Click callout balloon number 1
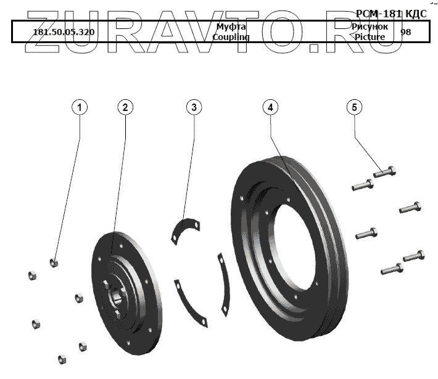pos(80,107)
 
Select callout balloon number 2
pos(125,107)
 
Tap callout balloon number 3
pos(194,107)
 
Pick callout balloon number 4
pos(270,107)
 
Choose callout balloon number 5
pos(354,107)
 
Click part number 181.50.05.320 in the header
pos(64,32)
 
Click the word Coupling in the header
pos(231,37)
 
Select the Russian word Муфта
pos(231,27)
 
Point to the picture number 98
pos(405,32)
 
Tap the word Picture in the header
pos(370,37)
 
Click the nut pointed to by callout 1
pos(55,263)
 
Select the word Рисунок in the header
pos(370,27)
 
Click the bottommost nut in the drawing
pos(62,359)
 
